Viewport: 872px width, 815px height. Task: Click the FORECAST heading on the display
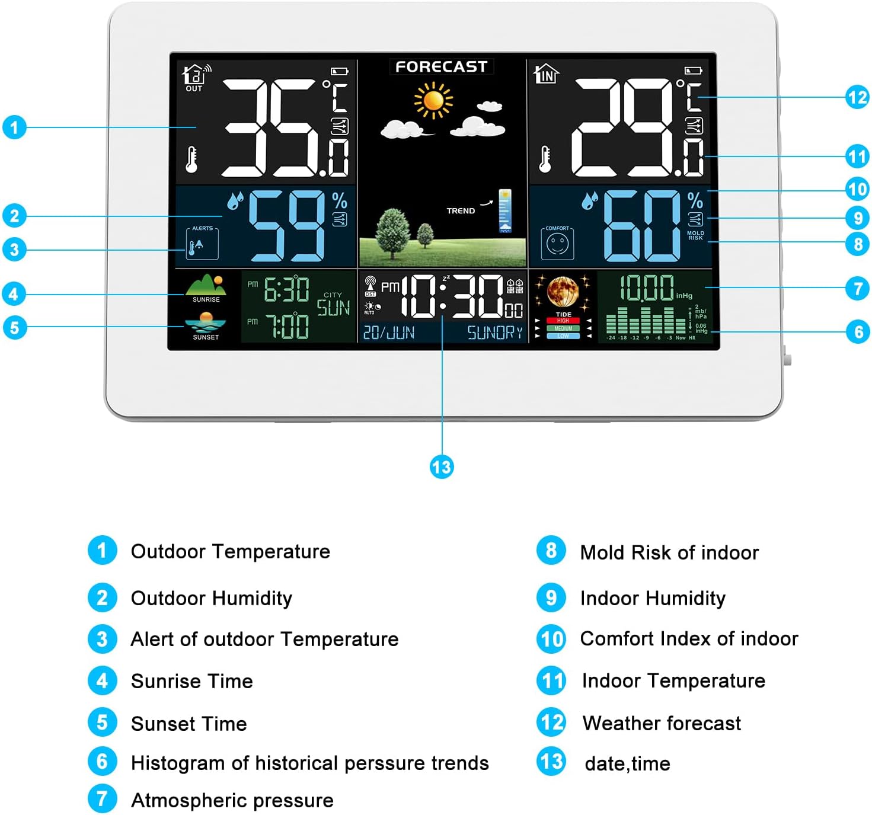[x=442, y=66]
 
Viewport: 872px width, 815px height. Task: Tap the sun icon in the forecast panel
[x=434, y=100]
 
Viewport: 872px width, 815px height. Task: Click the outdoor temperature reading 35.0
[x=285, y=129]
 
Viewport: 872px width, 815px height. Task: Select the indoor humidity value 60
[x=642, y=226]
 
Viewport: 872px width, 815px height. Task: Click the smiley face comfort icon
[x=557, y=244]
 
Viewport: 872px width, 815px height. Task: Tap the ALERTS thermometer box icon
[x=202, y=244]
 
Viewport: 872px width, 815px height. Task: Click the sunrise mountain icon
[x=206, y=285]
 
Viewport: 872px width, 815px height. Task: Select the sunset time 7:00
[x=287, y=327]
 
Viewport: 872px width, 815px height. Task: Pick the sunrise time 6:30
[x=287, y=290]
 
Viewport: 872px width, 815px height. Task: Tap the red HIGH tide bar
[x=563, y=321]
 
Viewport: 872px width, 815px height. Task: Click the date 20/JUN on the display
[x=389, y=333]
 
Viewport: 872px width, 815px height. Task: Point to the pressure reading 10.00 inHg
[x=647, y=289]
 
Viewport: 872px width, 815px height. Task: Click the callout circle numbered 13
[x=442, y=467]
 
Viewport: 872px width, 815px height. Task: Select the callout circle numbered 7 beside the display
[x=857, y=289]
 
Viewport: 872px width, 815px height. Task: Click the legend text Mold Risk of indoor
[x=669, y=552]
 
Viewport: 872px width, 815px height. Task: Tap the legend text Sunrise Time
[x=191, y=681]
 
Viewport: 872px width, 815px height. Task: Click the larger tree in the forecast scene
[x=393, y=232]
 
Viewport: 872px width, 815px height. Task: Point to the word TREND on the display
[x=461, y=210]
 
